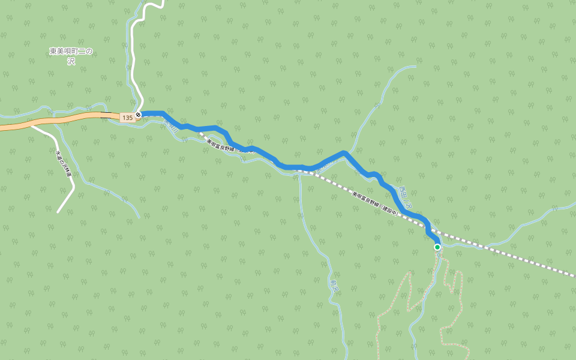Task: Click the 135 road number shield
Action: click(x=127, y=118)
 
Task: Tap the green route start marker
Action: click(x=437, y=247)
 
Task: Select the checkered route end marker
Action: click(x=139, y=114)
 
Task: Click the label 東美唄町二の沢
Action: click(x=71, y=56)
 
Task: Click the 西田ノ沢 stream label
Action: click(x=406, y=197)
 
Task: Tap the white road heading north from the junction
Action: click(x=133, y=60)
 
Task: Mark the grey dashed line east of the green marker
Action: click(x=510, y=254)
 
